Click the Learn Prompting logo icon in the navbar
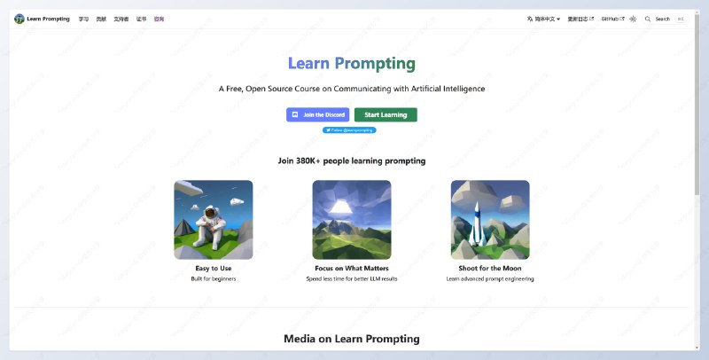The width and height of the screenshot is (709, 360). pyautogui.click(x=19, y=19)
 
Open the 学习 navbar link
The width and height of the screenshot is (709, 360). pyautogui.click(x=83, y=19)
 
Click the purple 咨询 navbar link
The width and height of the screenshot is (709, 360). pyautogui.click(x=159, y=19)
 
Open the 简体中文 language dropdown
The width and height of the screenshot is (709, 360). pyautogui.click(x=543, y=19)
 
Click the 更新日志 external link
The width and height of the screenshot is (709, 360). pyautogui.click(x=580, y=19)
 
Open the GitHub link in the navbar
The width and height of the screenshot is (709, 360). pyautogui.click(x=612, y=19)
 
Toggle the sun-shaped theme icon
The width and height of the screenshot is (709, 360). pyautogui.click(x=633, y=19)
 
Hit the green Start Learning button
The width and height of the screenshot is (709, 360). pyautogui.click(x=386, y=114)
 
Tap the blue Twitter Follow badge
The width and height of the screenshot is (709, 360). pyautogui.click(x=349, y=130)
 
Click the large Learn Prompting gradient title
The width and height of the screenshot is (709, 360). pyautogui.click(x=351, y=64)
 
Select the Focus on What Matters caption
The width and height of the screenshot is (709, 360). pyautogui.click(x=351, y=268)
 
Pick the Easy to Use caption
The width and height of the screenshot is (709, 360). pyautogui.click(x=213, y=268)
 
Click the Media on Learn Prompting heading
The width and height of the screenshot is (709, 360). pyautogui.click(x=351, y=339)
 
